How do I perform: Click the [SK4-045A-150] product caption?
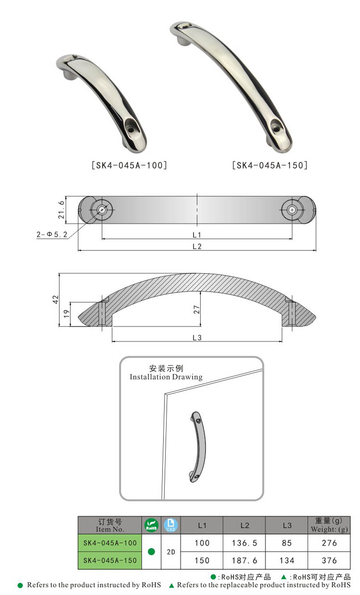pyautogui.click(x=269, y=166)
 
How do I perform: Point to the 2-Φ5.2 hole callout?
pyautogui.click(x=52, y=235)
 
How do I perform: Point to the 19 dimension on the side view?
pyautogui.click(x=66, y=314)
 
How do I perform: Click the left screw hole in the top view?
pyautogui.click(x=102, y=210)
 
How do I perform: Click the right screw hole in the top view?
pyautogui.click(x=292, y=210)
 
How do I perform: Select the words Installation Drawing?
pyautogui.click(x=166, y=377)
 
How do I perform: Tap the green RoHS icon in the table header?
pyautogui.click(x=151, y=525)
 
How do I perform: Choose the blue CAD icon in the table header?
pyautogui.click(x=170, y=525)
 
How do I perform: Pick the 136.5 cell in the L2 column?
pyautogui.click(x=244, y=543)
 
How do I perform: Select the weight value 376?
pyautogui.click(x=329, y=560)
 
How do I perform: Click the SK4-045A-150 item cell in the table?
pyautogui.click(x=110, y=560)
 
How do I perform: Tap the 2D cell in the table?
pyautogui.click(x=170, y=552)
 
